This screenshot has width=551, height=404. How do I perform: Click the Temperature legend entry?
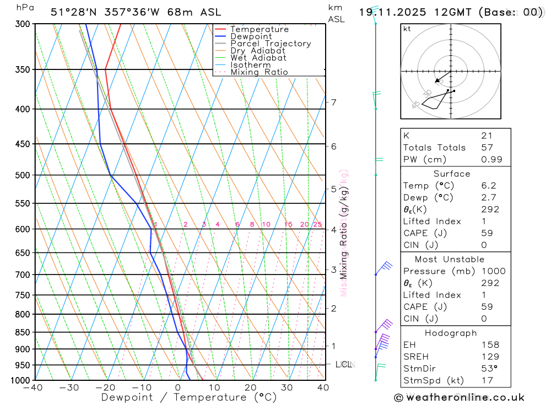259,29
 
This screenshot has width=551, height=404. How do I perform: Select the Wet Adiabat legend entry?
258,58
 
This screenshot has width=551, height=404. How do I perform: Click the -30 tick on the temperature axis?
69,387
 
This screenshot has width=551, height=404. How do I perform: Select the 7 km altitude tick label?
333,102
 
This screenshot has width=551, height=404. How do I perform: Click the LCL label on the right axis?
343,364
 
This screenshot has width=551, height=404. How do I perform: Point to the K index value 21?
487,136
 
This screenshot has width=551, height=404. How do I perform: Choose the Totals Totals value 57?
487,148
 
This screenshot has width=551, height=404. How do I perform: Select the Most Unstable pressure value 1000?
491,271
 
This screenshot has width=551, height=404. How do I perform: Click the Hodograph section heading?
451,333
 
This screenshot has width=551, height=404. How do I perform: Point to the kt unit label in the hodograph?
407,29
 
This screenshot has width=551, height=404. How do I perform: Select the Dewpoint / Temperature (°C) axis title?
189,397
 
